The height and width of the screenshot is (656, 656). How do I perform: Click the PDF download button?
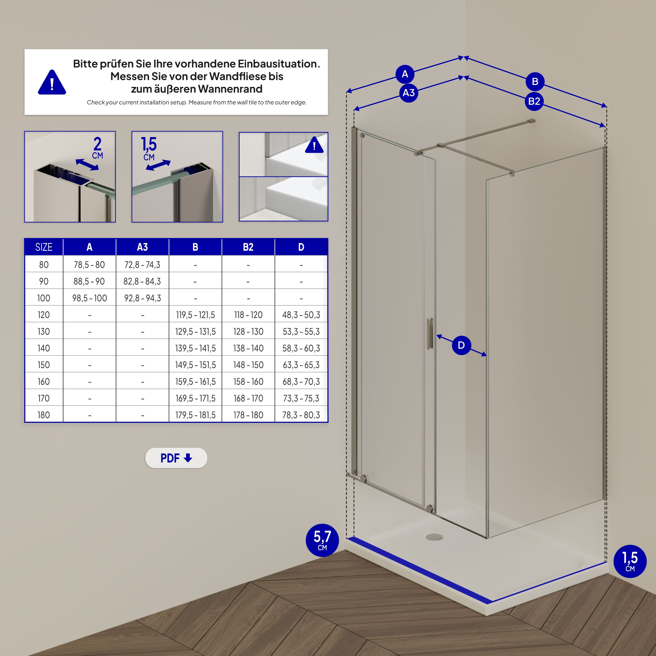[176, 458]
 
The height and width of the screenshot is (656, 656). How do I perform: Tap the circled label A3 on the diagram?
[409, 93]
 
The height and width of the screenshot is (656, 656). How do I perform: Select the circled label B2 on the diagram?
[534, 101]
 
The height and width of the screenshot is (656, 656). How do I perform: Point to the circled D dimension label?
[461, 345]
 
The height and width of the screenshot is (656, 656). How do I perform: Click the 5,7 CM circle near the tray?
[322, 540]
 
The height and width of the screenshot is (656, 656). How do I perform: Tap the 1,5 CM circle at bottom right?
[630, 561]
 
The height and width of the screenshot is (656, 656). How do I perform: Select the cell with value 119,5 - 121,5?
[195, 315]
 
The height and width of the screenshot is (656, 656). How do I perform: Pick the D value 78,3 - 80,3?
[301, 415]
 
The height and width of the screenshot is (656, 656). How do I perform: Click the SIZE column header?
[44, 247]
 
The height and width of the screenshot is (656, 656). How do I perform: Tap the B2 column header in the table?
[248, 247]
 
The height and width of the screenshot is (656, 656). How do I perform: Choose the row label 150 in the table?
[44, 365]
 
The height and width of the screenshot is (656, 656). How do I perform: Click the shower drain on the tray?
[434, 537]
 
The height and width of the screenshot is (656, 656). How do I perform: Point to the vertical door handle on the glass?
[430, 334]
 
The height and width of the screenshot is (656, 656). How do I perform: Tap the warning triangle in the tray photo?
[314, 145]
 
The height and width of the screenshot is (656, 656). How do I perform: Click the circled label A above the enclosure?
[405, 74]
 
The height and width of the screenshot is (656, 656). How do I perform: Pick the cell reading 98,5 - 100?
[89, 298]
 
